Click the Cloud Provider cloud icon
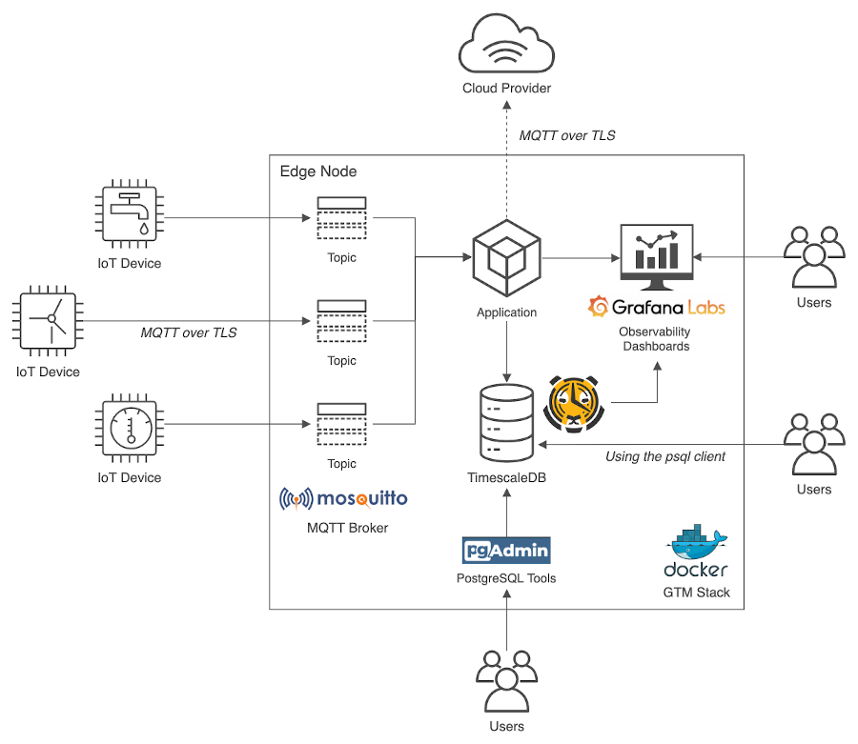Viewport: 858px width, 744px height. tap(507, 43)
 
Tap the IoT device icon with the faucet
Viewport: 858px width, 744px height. tap(130, 213)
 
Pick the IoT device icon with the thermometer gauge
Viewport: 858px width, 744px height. tap(130, 428)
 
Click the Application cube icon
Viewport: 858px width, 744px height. tap(507, 258)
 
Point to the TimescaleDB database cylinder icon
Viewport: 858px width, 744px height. tap(507, 423)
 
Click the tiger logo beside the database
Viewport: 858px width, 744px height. tap(574, 403)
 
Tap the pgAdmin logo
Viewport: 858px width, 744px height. tap(506, 550)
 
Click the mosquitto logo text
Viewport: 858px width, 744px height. tap(343, 498)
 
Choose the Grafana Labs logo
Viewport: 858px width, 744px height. tap(657, 307)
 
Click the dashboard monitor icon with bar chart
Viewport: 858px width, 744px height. tap(657, 257)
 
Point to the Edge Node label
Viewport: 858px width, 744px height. tap(318, 171)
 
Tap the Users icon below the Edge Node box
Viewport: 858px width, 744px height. tap(507, 681)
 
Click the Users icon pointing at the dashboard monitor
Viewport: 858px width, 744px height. tap(814, 257)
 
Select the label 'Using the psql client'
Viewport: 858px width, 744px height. tap(665, 456)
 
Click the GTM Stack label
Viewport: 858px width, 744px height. tap(697, 593)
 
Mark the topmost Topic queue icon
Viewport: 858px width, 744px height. tap(342, 218)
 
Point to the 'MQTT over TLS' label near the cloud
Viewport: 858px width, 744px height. tap(567, 135)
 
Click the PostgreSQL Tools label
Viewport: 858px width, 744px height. tap(506, 578)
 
